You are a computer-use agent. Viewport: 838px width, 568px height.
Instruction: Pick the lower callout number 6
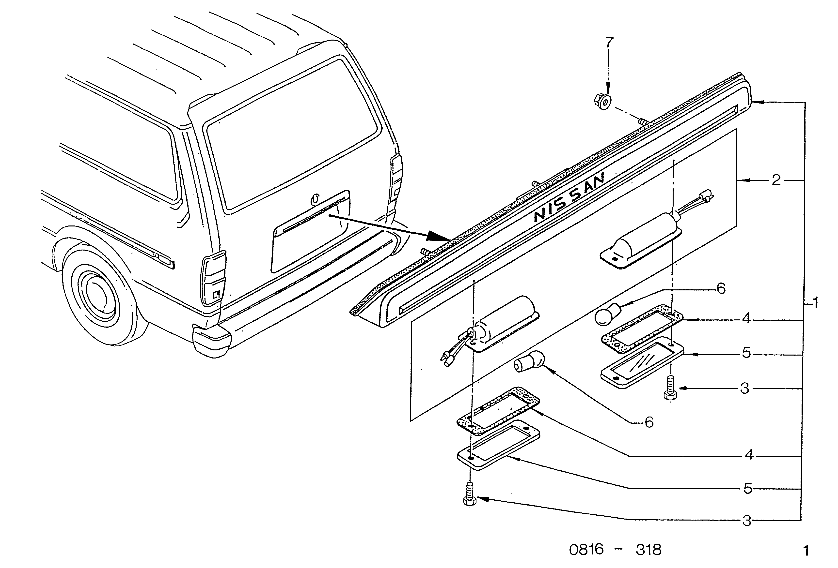click(x=649, y=422)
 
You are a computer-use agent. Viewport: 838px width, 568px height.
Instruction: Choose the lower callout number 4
click(x=749, y=455)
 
